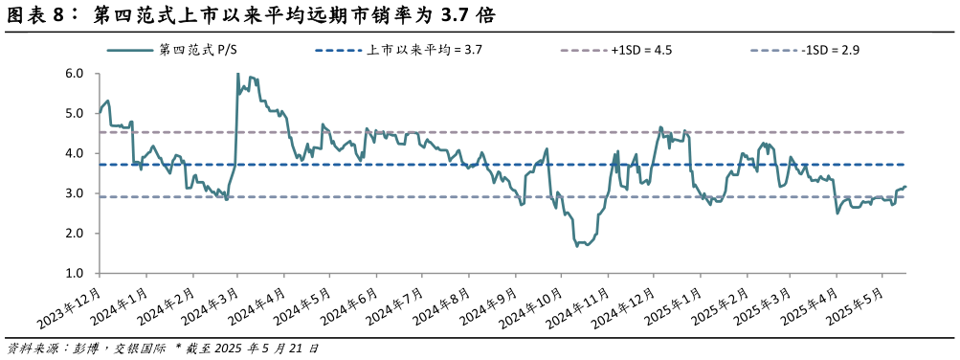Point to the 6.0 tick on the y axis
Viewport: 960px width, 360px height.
[x=75, y=74]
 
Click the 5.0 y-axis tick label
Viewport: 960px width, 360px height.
[x=75, y=114]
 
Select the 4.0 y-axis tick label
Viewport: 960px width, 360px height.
[x=75, y=154]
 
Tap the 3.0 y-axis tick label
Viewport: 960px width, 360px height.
[x=75, y=194]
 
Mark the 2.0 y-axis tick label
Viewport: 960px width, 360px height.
[x=75, y=234]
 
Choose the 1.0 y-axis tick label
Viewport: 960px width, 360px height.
[x=75, y=274]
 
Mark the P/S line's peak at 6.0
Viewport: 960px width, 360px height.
[x=237, y=74]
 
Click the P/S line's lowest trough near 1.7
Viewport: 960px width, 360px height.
[x=577, y=246]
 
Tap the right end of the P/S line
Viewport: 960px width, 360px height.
[x=905, y=187]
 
